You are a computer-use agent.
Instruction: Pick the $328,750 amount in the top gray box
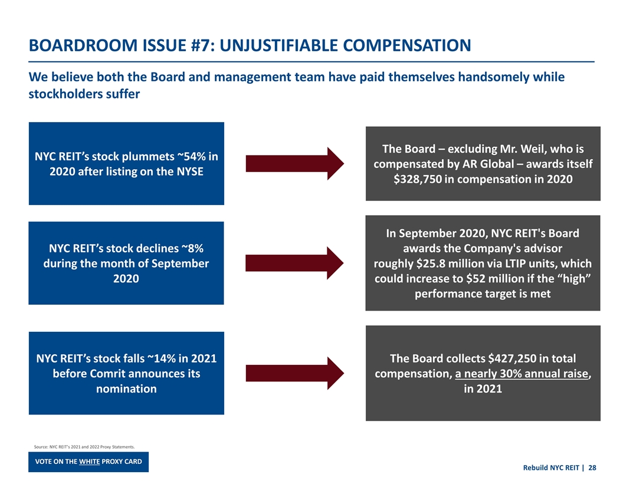point(418,179)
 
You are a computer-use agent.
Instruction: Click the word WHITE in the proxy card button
point(88,461)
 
